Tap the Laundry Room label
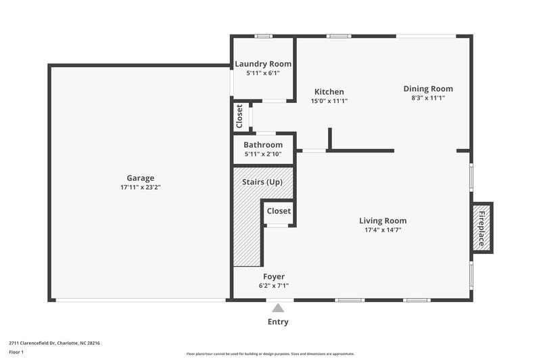(263, 64)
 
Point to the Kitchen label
(329, 92)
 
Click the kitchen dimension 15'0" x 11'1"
(329, 101)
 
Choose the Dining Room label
(428, 89)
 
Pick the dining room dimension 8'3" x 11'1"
(428, 98)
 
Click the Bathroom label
(263, 145)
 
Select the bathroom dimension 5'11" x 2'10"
(263, 154)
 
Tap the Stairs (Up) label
(262, 182)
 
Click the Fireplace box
(482, 228)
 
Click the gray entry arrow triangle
(278, 307)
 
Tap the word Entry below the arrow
(278, 322)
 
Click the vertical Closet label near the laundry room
(239, 116)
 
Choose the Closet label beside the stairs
(279, 211)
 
